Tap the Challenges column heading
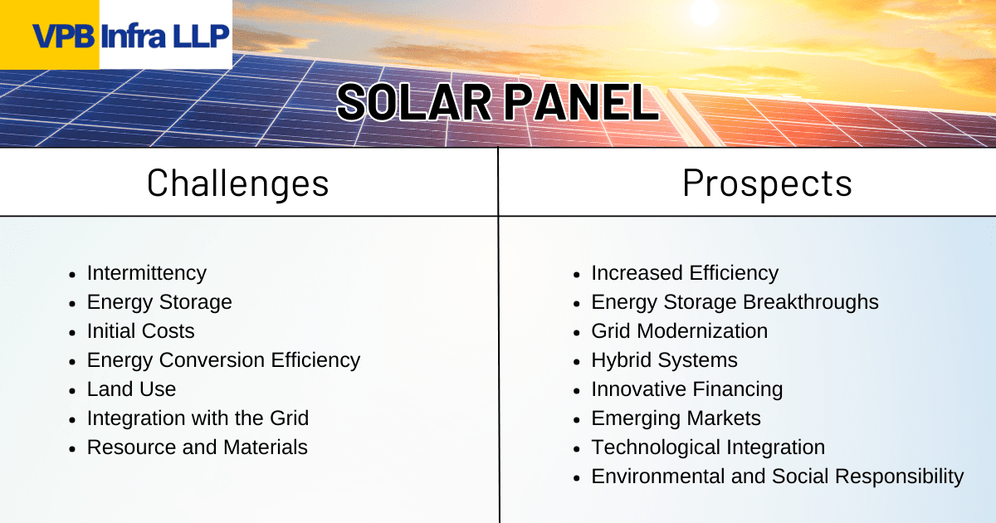[238, 183]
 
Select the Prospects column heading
[767, 183]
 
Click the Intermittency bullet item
[146, 273]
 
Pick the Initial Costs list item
[140, 331]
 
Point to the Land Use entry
[131, 389]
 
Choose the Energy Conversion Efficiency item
[223, 360]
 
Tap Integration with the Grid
[198, 418]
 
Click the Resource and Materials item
[197, 447]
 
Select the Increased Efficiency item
[684, 273]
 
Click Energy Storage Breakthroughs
[734, 302]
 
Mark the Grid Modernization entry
[679, 331]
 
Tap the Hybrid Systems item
[664, 360]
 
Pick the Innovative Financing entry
[686, 389]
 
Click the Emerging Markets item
[676, 418]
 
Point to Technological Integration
[707, 447]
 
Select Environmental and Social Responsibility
[777, 477]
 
